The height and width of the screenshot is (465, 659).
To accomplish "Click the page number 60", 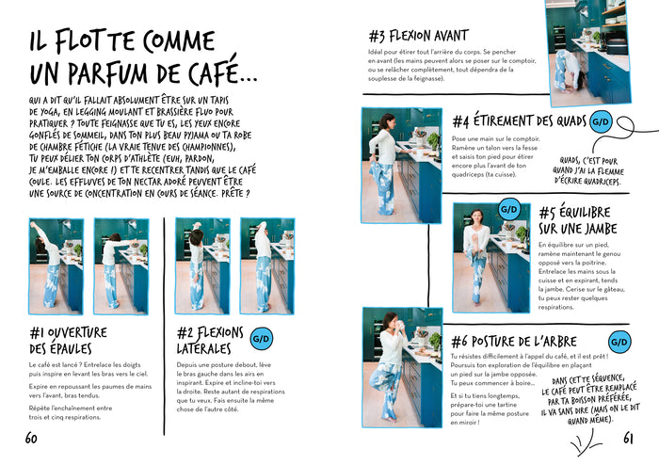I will click(31, 438).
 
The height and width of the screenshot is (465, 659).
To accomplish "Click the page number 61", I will click(629, 438).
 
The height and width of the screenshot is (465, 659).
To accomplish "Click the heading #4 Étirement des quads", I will click(519, 121).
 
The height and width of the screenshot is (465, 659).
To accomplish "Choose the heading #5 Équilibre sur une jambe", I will click(575, 220).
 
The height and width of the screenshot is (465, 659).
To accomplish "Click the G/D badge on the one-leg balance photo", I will click(509, 209).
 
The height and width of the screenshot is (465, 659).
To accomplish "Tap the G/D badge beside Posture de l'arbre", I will click(620, 341).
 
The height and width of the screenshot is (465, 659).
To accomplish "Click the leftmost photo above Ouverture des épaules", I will click(56, 265).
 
